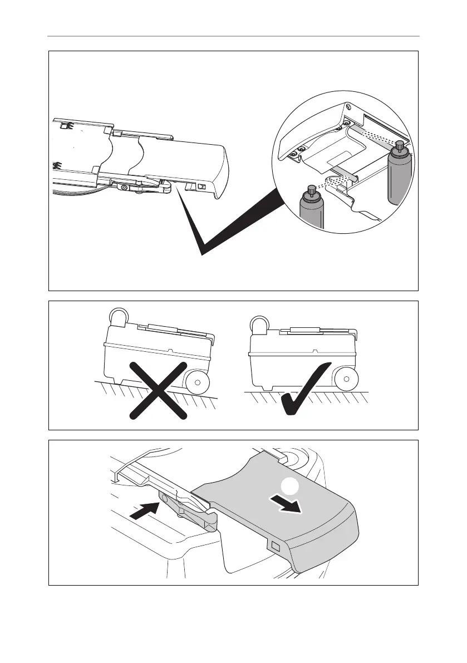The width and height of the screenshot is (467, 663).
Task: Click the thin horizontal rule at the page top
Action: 233,37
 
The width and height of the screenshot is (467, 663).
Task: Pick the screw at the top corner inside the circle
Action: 347,106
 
